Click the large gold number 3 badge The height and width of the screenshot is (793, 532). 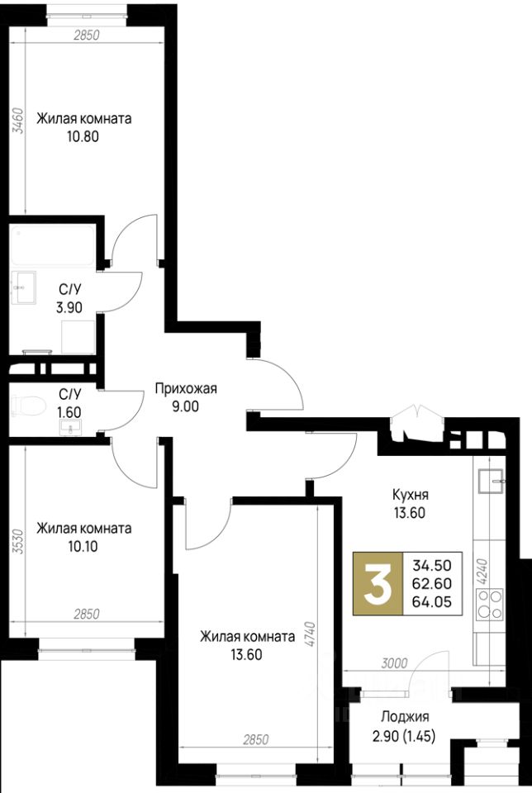coord(378,583)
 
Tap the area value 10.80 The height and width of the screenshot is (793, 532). coord(83,136)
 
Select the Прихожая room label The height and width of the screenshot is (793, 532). coord(186,389)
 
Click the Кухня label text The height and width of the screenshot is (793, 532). coord(410,495)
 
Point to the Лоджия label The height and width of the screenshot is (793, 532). coord(405,717)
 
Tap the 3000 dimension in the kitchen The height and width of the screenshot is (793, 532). coord(393,662)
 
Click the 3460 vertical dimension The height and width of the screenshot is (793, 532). coord(18,121)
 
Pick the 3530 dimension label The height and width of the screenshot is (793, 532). coord(18,542)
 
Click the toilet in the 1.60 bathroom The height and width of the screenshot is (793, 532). coord(28,404)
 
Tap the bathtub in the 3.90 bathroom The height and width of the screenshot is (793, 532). coord(52,246)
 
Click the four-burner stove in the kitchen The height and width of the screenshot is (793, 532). coord(490,604)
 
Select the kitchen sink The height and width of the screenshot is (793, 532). coord(491,481)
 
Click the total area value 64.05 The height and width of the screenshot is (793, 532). coord(432,601)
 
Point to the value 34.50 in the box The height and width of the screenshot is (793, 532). coord(432,565)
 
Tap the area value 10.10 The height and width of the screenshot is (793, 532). coord(83,546)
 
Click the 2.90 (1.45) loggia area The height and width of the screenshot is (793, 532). coord(404,736)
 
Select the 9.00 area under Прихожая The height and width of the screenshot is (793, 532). coord(185,406)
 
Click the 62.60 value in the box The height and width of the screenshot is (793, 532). coord(432,583)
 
